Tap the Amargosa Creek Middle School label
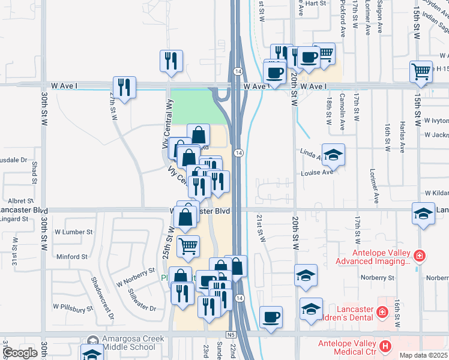click(127, 343)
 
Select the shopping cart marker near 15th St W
click(421, 71)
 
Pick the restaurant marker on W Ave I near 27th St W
click(124, 86)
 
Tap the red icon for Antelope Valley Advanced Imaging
click(419, 256)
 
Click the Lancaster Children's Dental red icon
click(381, 312)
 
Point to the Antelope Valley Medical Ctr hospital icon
click(385, 346)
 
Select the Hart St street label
click(315, 3)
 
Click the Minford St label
click(71, 257)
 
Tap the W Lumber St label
click(73, 231)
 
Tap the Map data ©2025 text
click(423, 355)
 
